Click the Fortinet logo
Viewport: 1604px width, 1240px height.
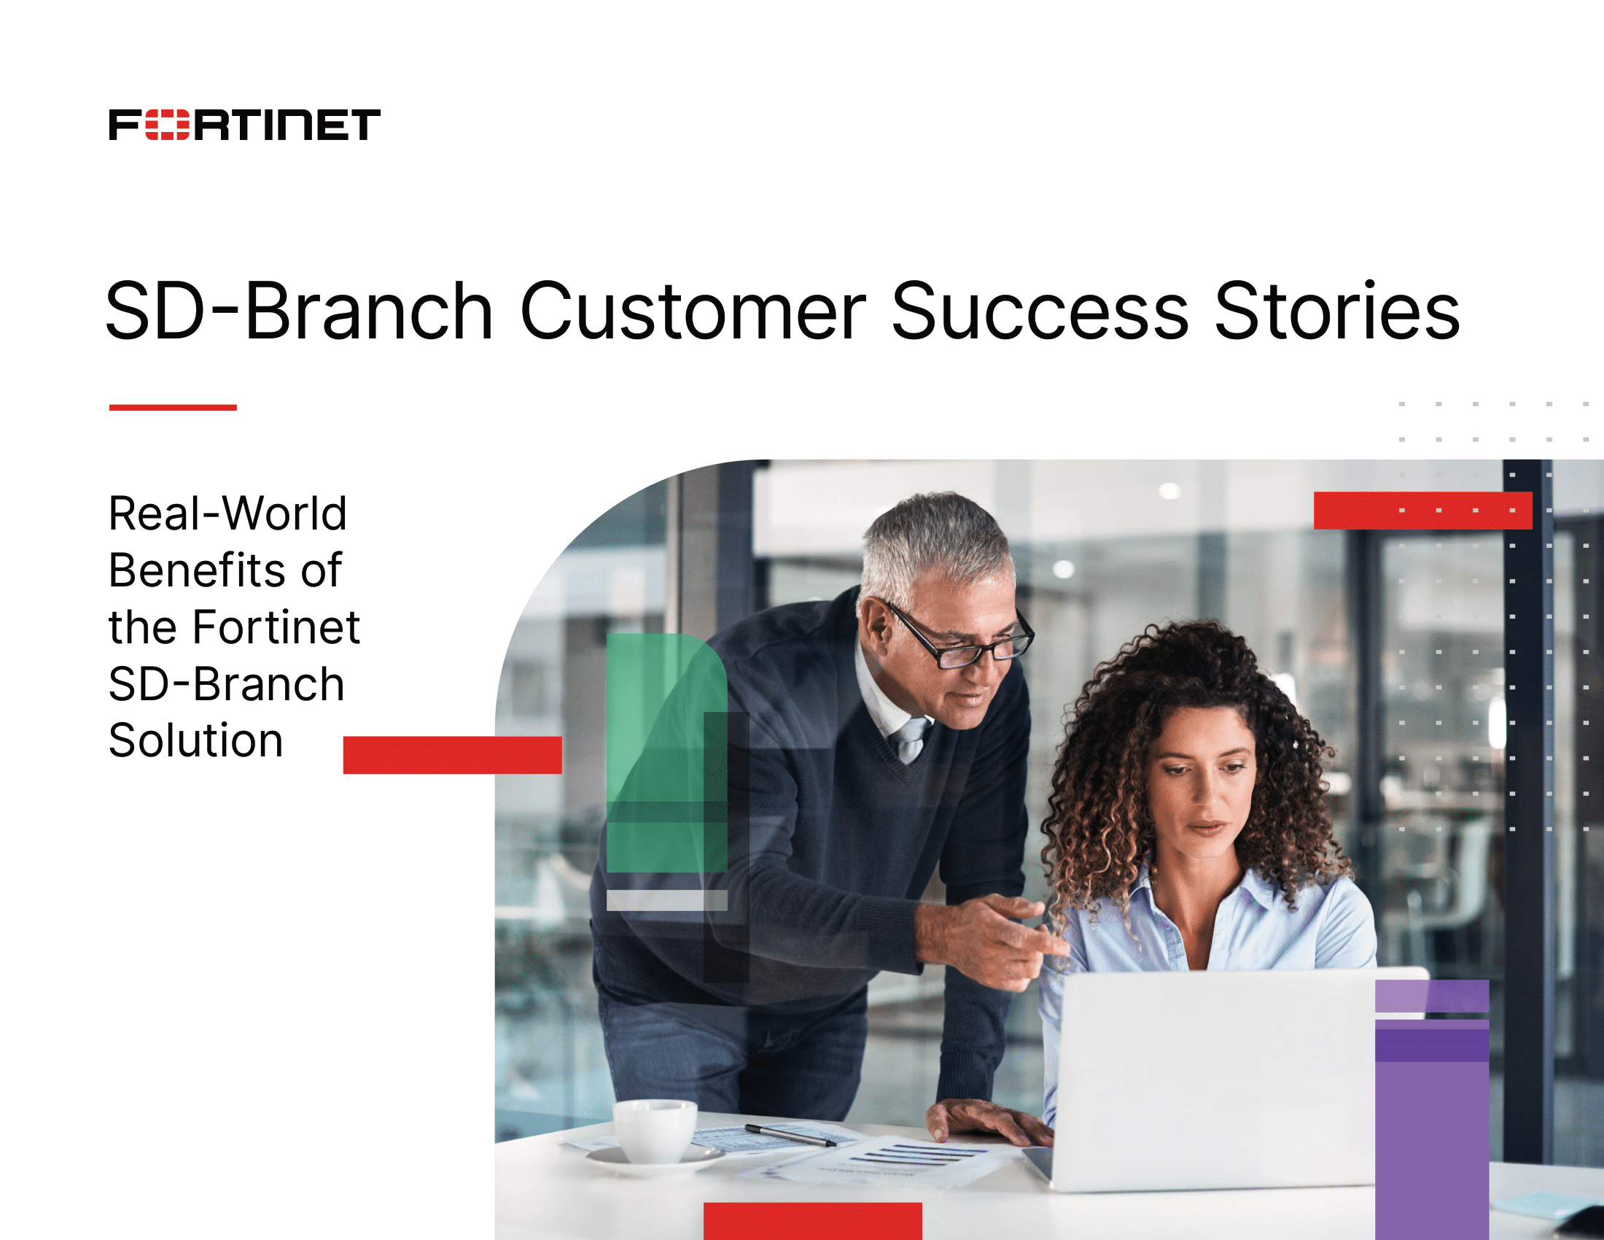tap(244, 124)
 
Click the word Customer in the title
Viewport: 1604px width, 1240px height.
tap(693, 311)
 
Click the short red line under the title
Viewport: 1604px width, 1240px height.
tap(173, 407)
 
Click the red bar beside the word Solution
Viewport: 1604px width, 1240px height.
tap(453, 754)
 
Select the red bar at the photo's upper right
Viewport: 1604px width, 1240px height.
tap(1422, 510)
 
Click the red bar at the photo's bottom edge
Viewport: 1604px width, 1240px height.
tap(812, 1220)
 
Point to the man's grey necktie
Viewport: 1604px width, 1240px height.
tap(911, 738)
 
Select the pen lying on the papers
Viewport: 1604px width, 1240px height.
tap(790, 1135)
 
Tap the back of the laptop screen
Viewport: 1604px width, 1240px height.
tap(1212, 1072)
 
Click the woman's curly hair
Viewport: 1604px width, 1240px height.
tap(1102, 771)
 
